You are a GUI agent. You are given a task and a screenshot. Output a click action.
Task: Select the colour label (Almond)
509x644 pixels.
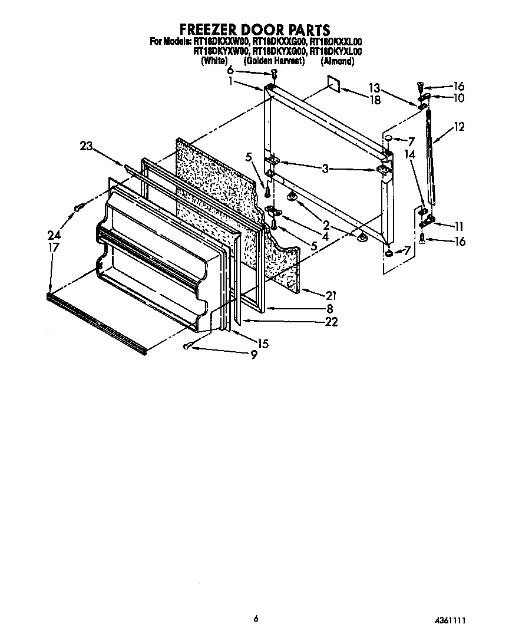tap(338, 61)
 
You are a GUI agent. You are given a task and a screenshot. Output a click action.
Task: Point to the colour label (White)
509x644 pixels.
tap(214, 61)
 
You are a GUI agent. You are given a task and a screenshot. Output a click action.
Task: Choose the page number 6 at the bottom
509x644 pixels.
tap(256, 619)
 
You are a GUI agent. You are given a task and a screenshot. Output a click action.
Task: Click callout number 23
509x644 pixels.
tap(86, 147)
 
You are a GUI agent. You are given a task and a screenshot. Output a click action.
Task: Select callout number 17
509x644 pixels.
tap(54, 248)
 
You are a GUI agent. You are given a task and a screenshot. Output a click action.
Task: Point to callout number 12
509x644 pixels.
tap(458, 127)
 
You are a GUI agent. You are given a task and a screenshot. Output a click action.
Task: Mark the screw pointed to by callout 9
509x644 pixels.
tap(188, 346)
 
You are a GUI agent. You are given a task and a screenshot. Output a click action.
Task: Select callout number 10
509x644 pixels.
tap(458, 98)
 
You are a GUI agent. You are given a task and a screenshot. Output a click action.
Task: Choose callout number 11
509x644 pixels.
tap(458, 225)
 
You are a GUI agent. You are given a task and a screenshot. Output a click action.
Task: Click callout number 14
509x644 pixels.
tap(409, 154)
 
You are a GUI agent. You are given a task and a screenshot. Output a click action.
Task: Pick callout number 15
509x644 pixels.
tap(262, 344)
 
